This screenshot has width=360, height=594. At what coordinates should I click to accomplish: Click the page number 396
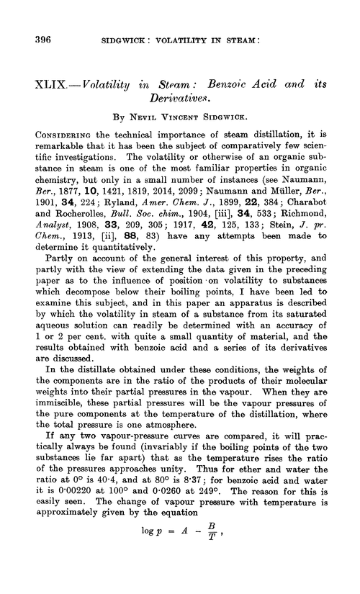tap(38, 40)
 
